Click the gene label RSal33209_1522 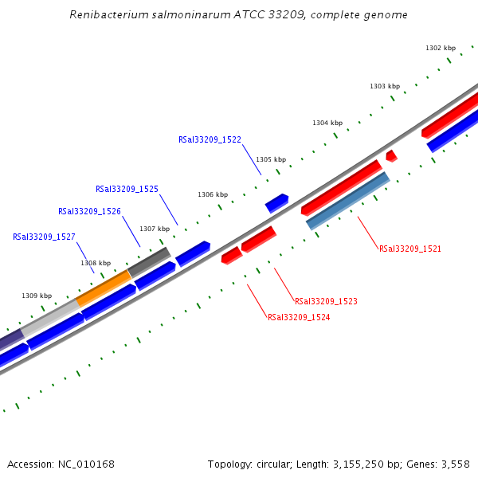(210, 139)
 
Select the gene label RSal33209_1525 (127, 190)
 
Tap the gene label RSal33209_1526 (89, 212)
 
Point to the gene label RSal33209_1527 (44, 237)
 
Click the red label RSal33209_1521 (410, 249)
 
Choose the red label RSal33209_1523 (326, 302)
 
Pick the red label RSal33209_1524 (299, 317)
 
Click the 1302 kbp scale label (441, 49)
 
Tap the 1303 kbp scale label (385, 86)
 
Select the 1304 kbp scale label (327, 123)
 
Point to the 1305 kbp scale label (271, 159)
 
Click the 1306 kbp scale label (213, 194)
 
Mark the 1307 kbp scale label (155, 229)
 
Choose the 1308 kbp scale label (96, 263)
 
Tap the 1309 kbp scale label (37, 296)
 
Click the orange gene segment (104, 288)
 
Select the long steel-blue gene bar (348, 201)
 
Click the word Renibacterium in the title (106, 15)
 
